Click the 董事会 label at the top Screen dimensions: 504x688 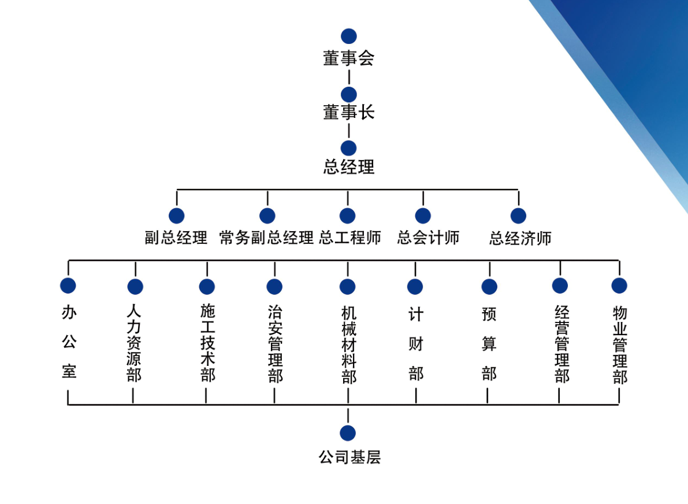click(x=348, y=58)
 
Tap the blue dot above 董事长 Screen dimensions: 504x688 click(x=348, y=94)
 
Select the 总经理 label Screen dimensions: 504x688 click(x=348, y=167)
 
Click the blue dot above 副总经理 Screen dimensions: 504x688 click(x=177, y=216)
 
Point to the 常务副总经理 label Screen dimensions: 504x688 click(x=266, y=238)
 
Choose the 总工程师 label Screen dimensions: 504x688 click(x=349, y=238)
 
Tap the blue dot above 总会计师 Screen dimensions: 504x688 click(x=423, y=216)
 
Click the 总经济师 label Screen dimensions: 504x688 click(x=520, y=238)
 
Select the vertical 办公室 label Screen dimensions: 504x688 click(x=69, y=342)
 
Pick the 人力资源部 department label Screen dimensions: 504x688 click(x=134, y=343)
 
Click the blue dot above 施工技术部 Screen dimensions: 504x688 click(x=207, y=287)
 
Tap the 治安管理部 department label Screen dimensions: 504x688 click(x=275, y=344)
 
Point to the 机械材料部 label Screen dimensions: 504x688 click(x=348, y=344)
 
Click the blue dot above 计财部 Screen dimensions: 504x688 click(x=415, y=287)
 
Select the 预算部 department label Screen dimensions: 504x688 click(x=489, y=344)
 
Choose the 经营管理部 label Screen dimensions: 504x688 click(x=561, y=344)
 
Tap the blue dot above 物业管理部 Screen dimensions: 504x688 click(x=619, y=286)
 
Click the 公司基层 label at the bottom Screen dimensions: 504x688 click(x=349, y=458)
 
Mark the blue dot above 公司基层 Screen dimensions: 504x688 click(x=348, y=433)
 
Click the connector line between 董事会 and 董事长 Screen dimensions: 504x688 click(x=349, y=77)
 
